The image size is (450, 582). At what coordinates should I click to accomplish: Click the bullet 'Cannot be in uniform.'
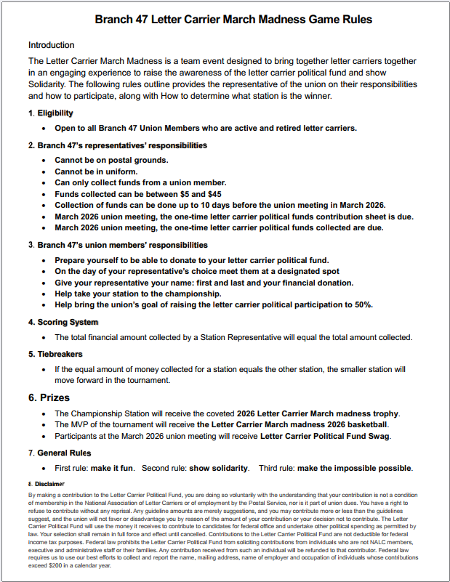(x=97, y=171)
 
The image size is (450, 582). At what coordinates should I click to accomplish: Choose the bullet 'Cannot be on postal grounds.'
(x=111, y=160)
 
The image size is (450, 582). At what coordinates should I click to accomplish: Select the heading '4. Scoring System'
(x=63, y=322)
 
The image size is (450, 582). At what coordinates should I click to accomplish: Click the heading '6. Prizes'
(x=49, y=397)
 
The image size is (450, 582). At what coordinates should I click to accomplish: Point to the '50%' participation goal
(x=362, y=304)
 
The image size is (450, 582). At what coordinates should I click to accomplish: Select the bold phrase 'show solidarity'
(x=219, y=468)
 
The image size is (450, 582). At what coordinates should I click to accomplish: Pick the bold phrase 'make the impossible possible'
(x=355, y=468)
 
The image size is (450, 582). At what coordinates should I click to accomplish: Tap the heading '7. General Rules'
(x=60, y=453)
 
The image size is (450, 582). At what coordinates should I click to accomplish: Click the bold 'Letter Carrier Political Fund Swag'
(x=325, y=436)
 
